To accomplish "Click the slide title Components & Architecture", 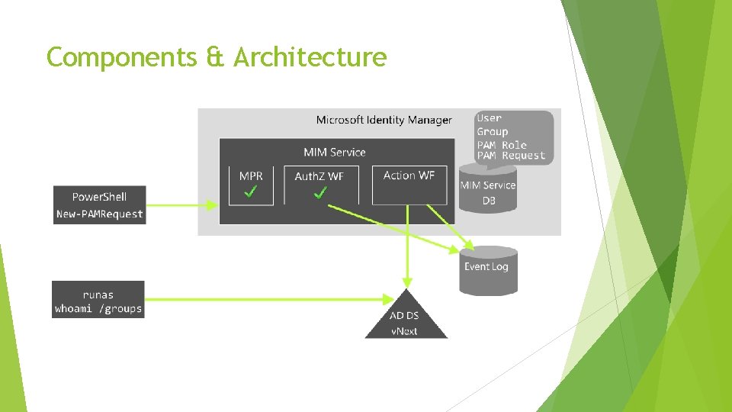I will pyautogui.click(x=217, y=57).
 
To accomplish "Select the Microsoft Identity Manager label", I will pyautogui.click(x=384, y=120).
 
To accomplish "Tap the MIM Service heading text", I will pyautogui.click(x=335, y=153).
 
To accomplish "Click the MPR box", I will pyautogui.click(x=251, y=185).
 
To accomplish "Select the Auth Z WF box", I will pyautogui.click(x=319, y=185).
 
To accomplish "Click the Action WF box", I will pyautogui.click(x=409, y=185).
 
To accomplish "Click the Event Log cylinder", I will pyautogui.click(x=488, y=271).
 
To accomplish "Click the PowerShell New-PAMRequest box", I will pyautogui.click(x=99, y=205).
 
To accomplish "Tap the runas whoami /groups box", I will pyautogui.click(x=98, y=300).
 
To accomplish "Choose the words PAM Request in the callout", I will pyautogui.click(x=511, y=156).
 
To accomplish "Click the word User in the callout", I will pyautogui.click(x=489, y=118).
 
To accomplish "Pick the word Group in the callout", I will pyautogui.click(x=492, y=131).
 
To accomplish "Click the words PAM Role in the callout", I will pyautogui.click(x=502, y=144).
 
